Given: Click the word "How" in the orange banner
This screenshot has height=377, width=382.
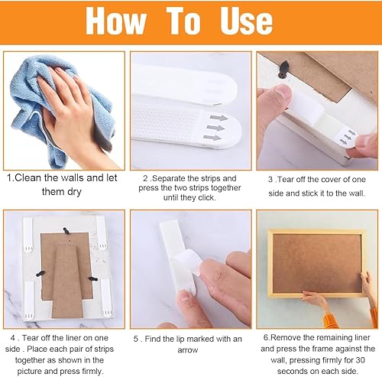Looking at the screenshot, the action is tap(116, 21).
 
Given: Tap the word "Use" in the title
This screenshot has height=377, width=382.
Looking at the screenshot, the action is tap(246, 21).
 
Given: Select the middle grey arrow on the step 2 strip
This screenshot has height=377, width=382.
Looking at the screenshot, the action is tap(215, 128).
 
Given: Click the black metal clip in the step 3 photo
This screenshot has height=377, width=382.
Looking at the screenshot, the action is tap(283, 70).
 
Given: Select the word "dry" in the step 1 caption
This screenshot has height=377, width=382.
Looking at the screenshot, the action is tap(74, 192).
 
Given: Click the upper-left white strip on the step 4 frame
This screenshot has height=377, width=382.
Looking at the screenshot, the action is tap(28, 235).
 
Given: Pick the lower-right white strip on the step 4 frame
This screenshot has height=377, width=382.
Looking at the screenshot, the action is tap(105, 297).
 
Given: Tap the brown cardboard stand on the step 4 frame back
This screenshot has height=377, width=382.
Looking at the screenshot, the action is tap(68, 281).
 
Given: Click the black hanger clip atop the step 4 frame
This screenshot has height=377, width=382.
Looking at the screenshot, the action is tap(66, 231).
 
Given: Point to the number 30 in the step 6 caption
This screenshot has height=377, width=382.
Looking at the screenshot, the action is tap(360, 360).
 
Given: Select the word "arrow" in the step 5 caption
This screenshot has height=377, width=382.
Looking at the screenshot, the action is tap(188, 350).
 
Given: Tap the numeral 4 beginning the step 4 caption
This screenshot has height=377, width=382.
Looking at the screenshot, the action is tap(13, 338).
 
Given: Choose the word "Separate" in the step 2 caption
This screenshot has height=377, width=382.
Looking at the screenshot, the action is tap(169, 178).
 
